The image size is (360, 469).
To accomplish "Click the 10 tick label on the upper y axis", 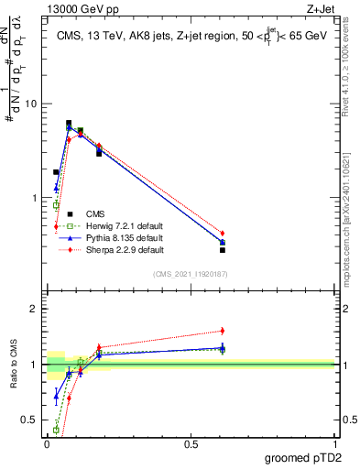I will (29, 104).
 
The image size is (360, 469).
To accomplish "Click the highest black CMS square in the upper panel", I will (69, 123).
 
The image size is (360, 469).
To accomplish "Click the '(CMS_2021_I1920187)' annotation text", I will (190, 273).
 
